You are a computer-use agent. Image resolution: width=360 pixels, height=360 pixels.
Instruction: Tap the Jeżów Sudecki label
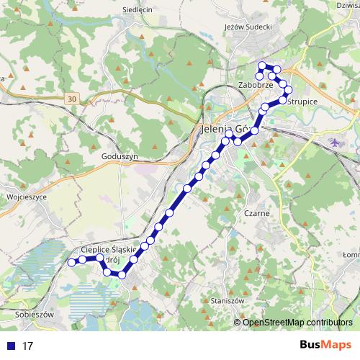pyautogui.click(x=248, y=27)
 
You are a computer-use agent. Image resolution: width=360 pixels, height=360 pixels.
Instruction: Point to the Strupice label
pyautogui.click(x=302, y=102)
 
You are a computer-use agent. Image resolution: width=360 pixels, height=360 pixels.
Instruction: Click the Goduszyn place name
pyautogui.click(x=120, y=156)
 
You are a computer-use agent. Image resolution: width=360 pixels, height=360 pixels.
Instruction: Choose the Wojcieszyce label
pyautogui.click(x=26, y=196)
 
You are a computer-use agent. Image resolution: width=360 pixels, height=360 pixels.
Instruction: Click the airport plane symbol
pyautogui.click(x=334, y=142)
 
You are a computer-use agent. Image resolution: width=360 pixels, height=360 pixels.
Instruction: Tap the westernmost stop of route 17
pyautogui.click(x=71, y=263)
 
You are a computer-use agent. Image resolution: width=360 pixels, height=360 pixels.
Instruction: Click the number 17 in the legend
pyautogui.click(x=27, y=346)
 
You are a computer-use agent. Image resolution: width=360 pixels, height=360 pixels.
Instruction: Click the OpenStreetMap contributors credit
pyautogui.click(x=297, y=322)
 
